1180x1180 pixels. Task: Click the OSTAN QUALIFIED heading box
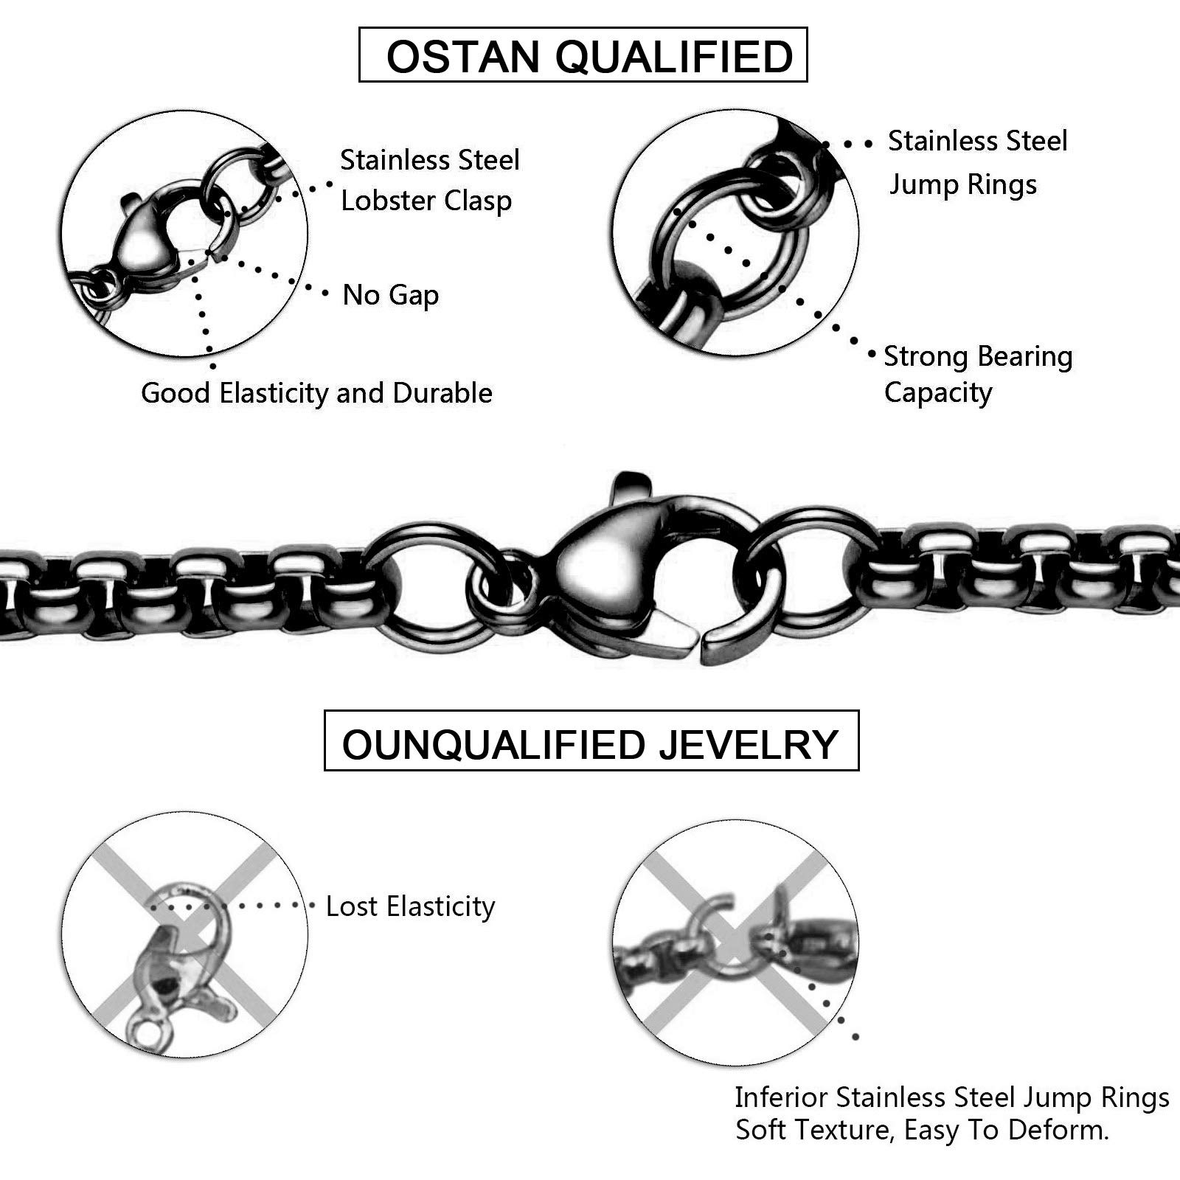coord(583,55)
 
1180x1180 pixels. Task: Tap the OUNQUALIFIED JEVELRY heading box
coord(591,741)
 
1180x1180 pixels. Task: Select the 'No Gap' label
coord(391,295)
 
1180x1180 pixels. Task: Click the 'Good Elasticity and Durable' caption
coord(316,393)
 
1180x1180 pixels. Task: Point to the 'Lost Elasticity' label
coord(410,906)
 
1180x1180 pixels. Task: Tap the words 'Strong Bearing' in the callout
coord(978,356)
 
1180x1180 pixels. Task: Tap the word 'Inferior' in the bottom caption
coord(782,1097)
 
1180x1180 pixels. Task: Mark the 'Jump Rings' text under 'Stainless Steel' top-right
coord(962,184)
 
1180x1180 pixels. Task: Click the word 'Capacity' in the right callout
coord(938,392)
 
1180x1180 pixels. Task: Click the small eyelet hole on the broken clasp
coord(151,1032)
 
